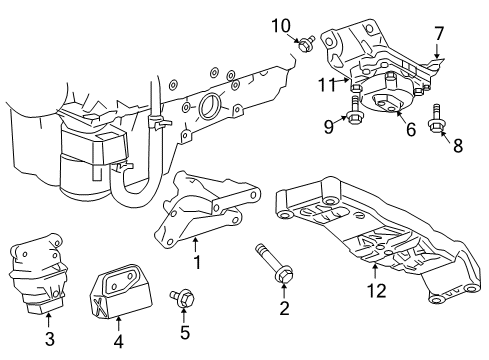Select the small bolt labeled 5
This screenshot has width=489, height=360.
coord(182,298)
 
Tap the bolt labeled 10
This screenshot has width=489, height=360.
coord(306,43)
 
